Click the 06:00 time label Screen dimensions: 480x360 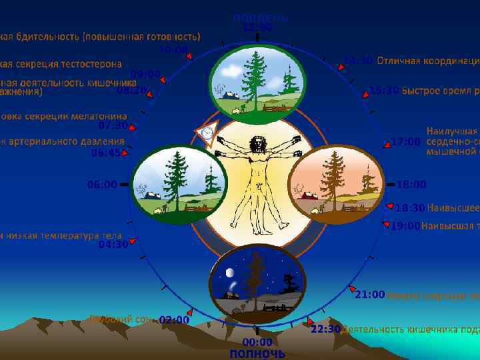pos(102,184)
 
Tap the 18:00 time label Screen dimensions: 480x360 pos(411,184)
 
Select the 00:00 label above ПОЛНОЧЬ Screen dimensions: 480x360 pos(257,342)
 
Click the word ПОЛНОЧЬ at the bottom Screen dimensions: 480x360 pos(257,353)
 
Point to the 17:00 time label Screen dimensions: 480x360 pos(405,142)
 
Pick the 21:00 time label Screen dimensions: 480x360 pos(369,294)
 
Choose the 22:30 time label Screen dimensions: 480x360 pos(326,329)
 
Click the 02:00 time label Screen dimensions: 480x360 pos(175,320)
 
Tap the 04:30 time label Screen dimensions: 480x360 pos(113,245)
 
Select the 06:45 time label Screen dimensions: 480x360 pos(106,153)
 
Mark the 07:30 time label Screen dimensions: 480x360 pos(113,125)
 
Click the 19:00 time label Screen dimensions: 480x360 pos(405,226)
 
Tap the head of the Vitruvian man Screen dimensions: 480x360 pos(256,141)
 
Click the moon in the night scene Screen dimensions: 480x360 pos(230,273)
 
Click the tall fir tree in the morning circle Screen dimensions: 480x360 pos(177,176)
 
